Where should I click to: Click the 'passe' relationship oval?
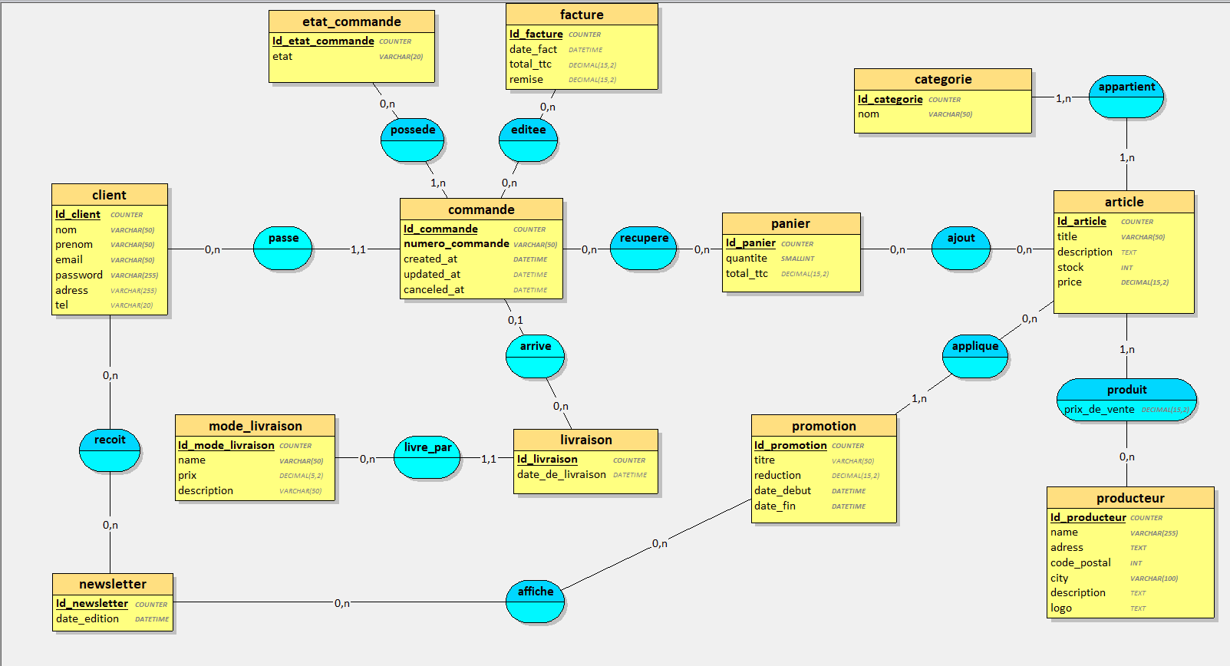[x=283, y=248]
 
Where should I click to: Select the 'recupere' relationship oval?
[x=644, y=248]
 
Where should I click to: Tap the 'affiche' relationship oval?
[x=536, y=601]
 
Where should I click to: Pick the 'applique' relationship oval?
[x=975, y=356]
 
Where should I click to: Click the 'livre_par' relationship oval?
[x=427, y=457]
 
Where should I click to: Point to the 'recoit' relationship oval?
[x=110, y=450]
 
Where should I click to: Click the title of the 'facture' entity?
[x=582, y=15]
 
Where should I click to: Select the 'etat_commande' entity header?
[x=351, y=21]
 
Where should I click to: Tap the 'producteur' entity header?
[x=1130, y=498]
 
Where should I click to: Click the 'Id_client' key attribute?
[x=77, y=215]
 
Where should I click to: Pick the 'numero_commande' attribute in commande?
[x=457, y=244]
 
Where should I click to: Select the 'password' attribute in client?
[x=79, y=275]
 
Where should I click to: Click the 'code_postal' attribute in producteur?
[x=1080, y=562]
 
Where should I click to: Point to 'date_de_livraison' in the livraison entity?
[x=562, y=475]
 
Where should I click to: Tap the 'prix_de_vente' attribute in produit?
[x=1099, y=410]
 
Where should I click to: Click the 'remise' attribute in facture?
[x=526, y=80]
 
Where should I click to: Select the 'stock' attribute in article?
[x=1070, y=268]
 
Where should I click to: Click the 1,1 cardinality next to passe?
[x=358, y=250]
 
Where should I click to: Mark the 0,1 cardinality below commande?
[x=516, y=321]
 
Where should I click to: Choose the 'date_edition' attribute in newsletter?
[x=87, y=619]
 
